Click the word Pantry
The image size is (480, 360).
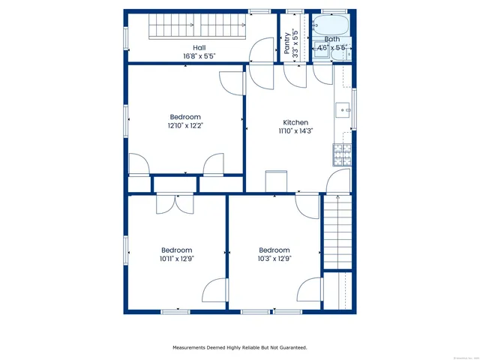pyautogui.click(x=286, y=43)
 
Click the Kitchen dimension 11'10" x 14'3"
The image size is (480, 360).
pyautogui.click(x=295, y=130)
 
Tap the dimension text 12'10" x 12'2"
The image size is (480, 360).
pyautogui.click(x=184, y=125)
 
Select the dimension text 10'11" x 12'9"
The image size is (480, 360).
pyautogui.click(x=176, y=259)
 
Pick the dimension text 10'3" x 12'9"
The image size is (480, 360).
pyautogui.click(x=274, y=259)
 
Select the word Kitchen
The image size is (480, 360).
pyautogui.click(x=295, y=122)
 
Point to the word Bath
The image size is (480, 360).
pyautogui.click(x=331, y=39)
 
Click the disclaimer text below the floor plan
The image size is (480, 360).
pyautogui.click(x=239, y=347)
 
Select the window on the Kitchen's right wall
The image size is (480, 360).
pyautogui.click(x=355, y=109)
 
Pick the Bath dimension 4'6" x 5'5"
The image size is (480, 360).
pyautogui.click(x=331, y=47)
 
